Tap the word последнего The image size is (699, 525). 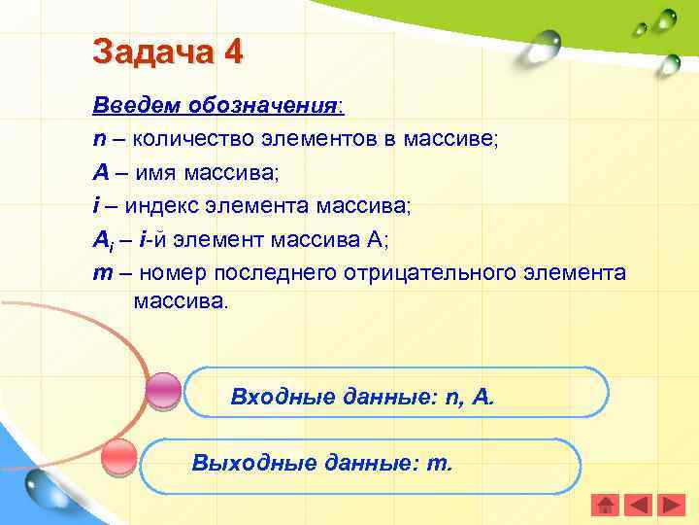click(x=281, y=273)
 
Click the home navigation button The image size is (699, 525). click(x=605, y=505)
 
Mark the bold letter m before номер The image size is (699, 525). click(x=102, y=274)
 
